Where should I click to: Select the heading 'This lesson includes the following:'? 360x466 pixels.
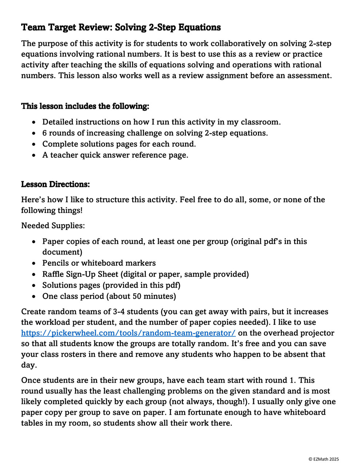[85, 106]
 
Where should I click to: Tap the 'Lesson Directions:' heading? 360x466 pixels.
[55, 184]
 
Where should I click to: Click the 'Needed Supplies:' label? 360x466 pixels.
[53, 226]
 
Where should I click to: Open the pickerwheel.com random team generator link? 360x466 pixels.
[128, 333]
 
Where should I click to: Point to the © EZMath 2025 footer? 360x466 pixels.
[323, 459]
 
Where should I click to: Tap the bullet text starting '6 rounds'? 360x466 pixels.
[155, 133]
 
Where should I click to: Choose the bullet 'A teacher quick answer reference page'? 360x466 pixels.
[115, 155]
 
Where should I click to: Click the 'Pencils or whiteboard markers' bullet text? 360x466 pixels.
[99, 263]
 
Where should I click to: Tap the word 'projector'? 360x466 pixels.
[317, 333]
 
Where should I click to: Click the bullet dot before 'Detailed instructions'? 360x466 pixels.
[34, 122]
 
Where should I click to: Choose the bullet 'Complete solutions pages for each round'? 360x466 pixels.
[119, 144]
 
